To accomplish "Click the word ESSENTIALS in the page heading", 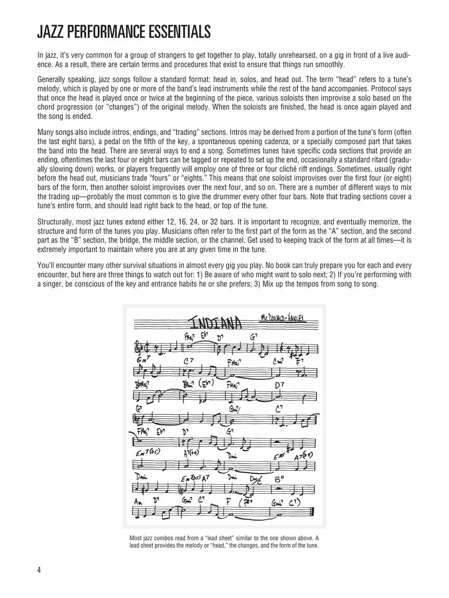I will point(175,32).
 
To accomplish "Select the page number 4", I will point(39,570).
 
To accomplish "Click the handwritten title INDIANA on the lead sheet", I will point(216,323).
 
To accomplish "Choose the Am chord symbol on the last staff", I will point(138,501).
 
